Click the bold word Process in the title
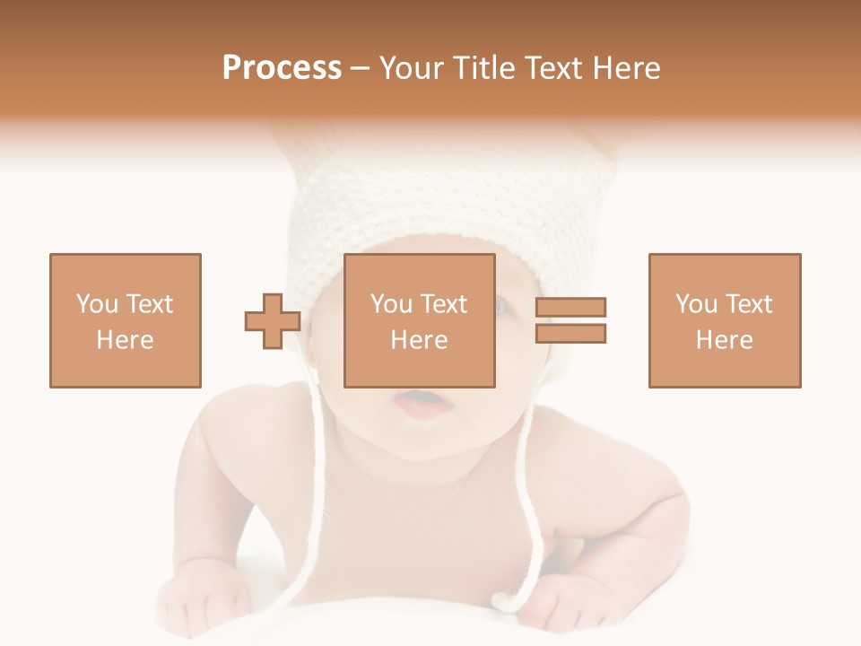click(x=282, y=68)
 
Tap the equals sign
click(x=571, y=320)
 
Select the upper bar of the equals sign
click(x=571, y=308)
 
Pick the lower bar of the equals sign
click(x=571, y=333)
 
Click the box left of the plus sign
click(x=125, y=320)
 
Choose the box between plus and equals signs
click(x=419, y=320)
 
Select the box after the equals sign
click(x=725, y=320)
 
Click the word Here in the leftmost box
click(x=125, y=340)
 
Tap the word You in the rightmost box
click(x=696, y=304)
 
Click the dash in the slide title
click(x=361, y=68)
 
